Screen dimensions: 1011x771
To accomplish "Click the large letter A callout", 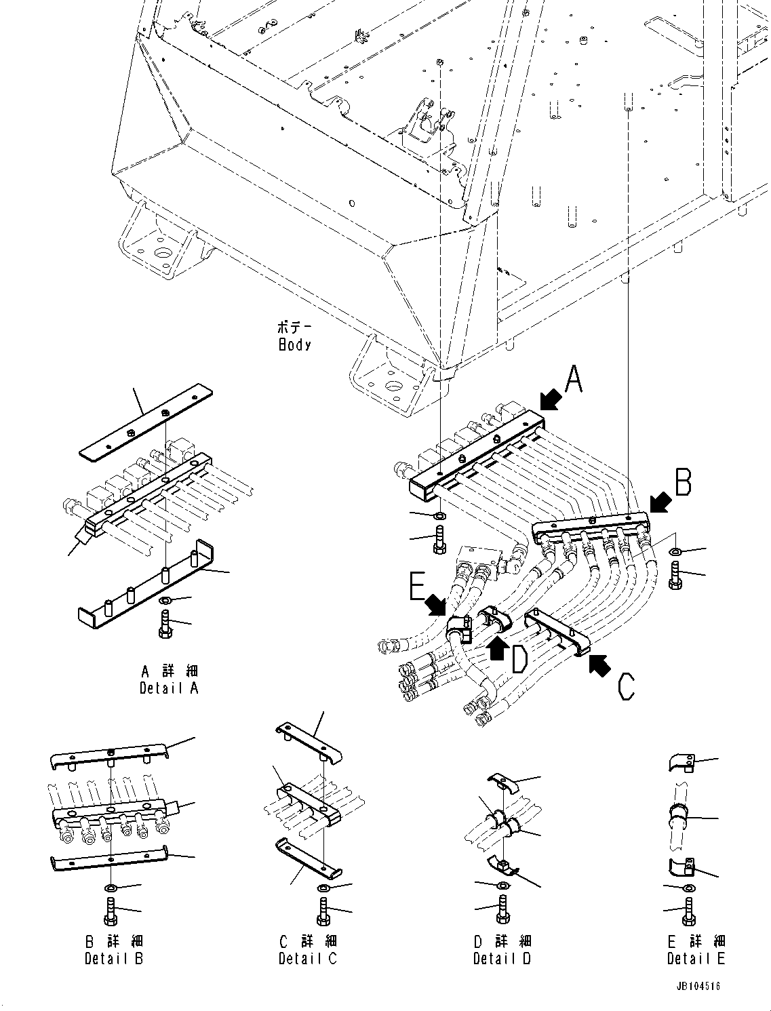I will click(574, 380).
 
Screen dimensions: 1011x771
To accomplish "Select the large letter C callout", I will click(626, 686).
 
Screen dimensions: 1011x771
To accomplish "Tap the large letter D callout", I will click(519, 660).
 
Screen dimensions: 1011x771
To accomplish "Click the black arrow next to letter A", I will click(551, 399).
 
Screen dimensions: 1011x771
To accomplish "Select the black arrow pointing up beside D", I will click(497, 649).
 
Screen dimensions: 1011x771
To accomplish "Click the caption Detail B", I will click(114, 958).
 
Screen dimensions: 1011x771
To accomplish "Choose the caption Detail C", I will click(308, 958).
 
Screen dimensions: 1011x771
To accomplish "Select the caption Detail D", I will click(502, 958).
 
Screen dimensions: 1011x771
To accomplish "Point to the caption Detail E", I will click(696, 958).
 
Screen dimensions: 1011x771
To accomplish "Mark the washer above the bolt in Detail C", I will click(324, 889).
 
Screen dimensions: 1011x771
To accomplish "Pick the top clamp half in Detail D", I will click(502, 782).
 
